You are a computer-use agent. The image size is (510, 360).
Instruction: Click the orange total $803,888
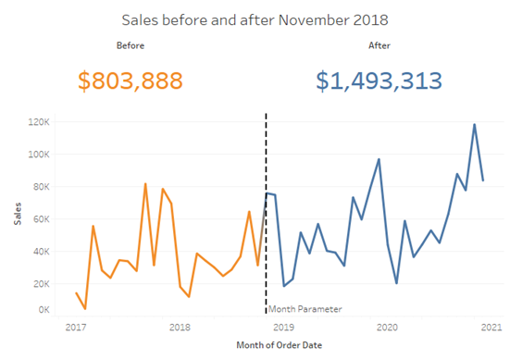tap(130, 81)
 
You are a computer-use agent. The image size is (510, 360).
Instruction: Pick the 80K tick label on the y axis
tap(39, 186)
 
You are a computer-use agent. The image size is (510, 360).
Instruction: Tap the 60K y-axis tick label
tap(39, 218)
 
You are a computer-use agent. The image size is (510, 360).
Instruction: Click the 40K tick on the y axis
tap(39, 251)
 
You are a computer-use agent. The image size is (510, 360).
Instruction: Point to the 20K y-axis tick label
tap(39, 283)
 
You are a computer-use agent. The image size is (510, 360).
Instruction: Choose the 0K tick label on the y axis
tap(42, 311)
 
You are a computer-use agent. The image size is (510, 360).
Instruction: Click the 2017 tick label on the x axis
tap(76, 327)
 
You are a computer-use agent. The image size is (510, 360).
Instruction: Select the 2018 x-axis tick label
tap(180, 327)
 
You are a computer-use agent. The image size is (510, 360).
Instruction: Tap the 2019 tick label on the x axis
tap(284, 327)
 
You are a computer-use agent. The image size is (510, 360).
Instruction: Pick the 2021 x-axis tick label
tap(491, 327)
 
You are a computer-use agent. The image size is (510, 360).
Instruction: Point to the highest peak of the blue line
tap(475, 124)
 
